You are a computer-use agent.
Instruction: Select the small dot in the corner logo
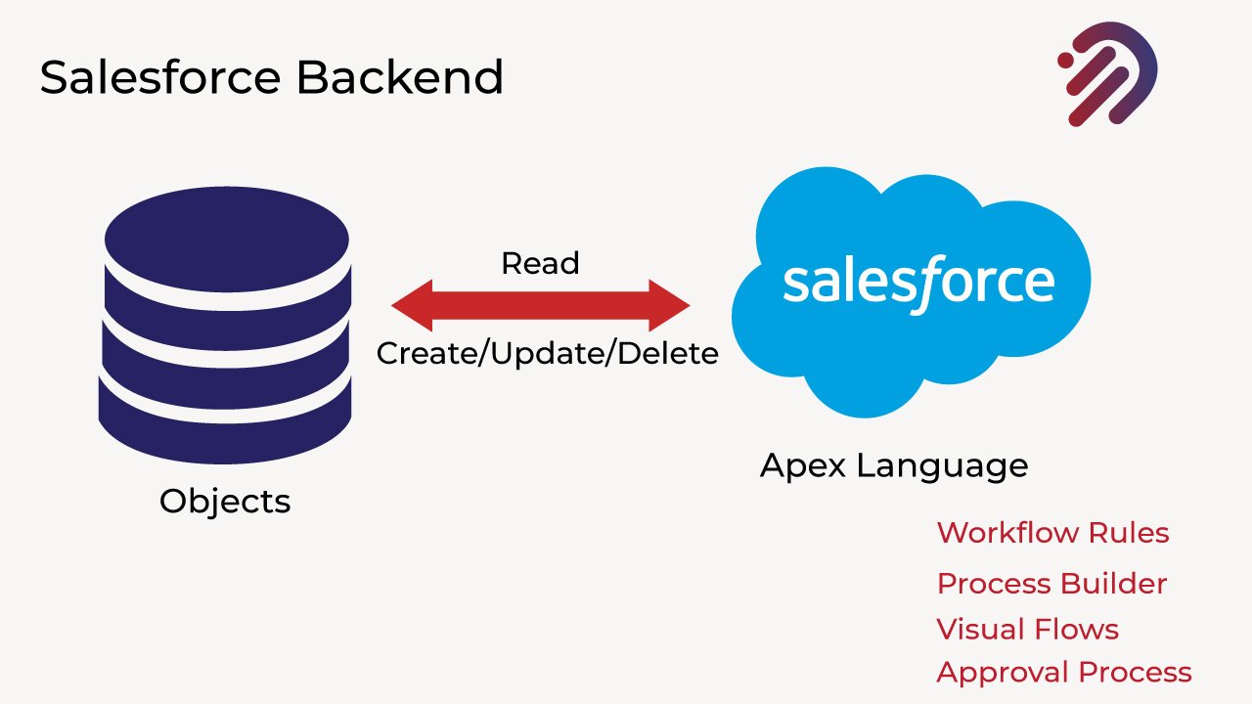point(1065,61)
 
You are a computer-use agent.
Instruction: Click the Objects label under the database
point(225,502)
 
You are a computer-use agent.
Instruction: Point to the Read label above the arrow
point(540,263)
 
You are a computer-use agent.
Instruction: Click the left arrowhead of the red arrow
point(411,306)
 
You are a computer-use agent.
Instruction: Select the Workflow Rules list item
point(1052,533)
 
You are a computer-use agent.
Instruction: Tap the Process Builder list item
point(1051,584)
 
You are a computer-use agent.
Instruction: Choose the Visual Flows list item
point(1027,629)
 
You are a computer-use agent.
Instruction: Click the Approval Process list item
point(1064,673)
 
